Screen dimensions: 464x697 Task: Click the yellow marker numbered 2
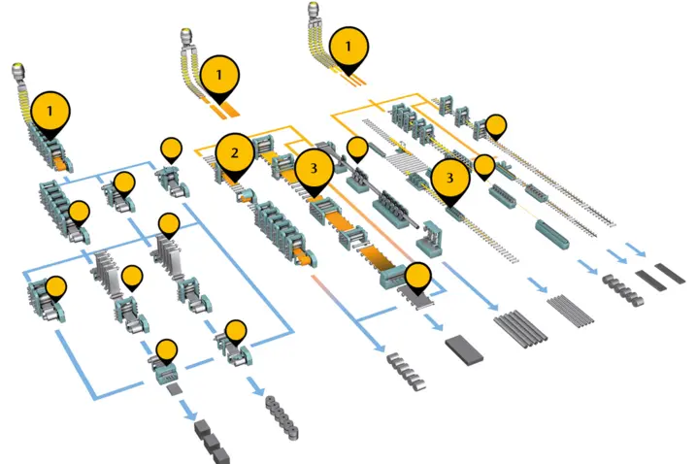pos(234,152)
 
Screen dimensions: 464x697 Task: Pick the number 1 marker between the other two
pos(219,74)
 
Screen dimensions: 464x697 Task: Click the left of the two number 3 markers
pos(314,167)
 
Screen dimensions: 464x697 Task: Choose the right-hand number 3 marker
pos(449,178)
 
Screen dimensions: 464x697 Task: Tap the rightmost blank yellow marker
pos(496,124)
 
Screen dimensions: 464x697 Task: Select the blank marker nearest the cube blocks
pos(167,349)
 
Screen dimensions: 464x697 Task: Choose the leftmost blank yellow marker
pos(56,287)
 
